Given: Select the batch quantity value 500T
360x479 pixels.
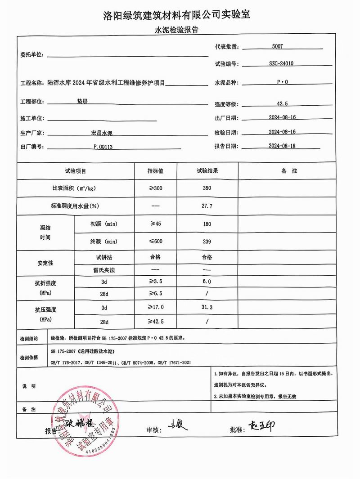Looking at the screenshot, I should click(x=279, y=46).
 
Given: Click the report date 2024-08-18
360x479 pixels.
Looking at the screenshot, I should click(x=282, y=146).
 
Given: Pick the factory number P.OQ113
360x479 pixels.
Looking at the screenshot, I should click(x=103, y=147).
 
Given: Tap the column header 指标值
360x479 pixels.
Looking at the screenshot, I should click(x=155, y=171).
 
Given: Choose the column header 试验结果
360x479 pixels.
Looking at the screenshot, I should click(x=207, y=171).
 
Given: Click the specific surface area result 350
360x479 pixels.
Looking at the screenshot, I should click(x=207, y=188).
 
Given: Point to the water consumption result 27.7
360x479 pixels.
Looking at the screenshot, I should click(x=207, y=206).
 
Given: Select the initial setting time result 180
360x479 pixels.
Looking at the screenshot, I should click(x=207, y=224).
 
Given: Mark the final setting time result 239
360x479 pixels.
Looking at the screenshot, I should click(x=207, y=242).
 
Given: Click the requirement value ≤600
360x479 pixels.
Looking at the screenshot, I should click(x=155, y=242).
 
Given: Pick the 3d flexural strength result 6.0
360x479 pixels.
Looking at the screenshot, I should click(x=207, y=281).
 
